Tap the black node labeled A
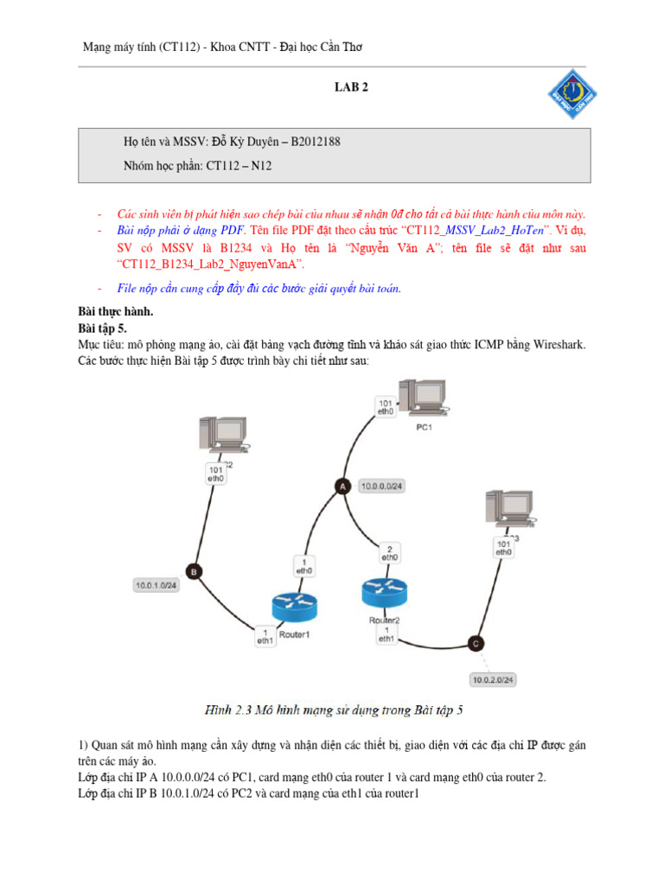(x=341, y=487)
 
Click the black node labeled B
(x=194, y=571)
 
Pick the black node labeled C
(x=475, y=642)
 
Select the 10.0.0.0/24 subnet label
(x=382, y=487)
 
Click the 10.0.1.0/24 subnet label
(x=156, y=585)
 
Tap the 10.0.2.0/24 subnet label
(x=492, y=678)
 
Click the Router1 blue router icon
(x=295, y=608)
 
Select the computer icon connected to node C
(x=506, y=511)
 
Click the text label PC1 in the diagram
(x=424, y=427)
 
